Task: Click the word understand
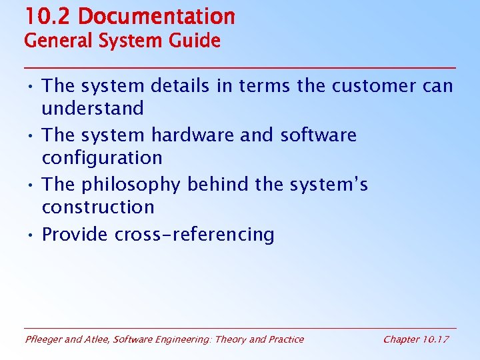pos(93,108)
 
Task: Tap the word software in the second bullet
pos(318,135)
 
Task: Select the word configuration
pos(102,158)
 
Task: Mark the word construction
pos(98,207)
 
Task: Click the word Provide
pos(75,235)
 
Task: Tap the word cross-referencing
pos(195,235)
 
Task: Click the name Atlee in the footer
pos(97,339)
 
